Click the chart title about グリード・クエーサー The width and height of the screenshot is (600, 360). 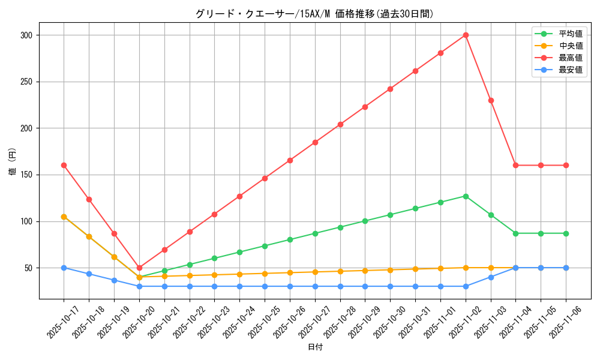tap(314, 14)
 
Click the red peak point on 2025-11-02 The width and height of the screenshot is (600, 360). tap(466, 35)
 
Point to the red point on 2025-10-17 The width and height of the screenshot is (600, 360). tap(64, 165)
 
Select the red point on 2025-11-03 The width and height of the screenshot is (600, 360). tap(491, 100)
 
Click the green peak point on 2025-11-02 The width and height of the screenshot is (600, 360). tap(466, 196)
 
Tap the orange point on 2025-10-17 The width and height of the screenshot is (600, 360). tap(64, 217)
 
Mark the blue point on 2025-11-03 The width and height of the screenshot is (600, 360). tap(491, 277)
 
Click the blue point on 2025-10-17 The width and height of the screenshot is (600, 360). tap(64, 268)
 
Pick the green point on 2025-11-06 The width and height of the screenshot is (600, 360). tap(566, 233)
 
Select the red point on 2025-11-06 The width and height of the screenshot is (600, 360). tap(566, 165)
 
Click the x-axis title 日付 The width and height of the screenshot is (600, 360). tap(315, 347)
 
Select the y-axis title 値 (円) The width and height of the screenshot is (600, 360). tap(13, 162)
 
